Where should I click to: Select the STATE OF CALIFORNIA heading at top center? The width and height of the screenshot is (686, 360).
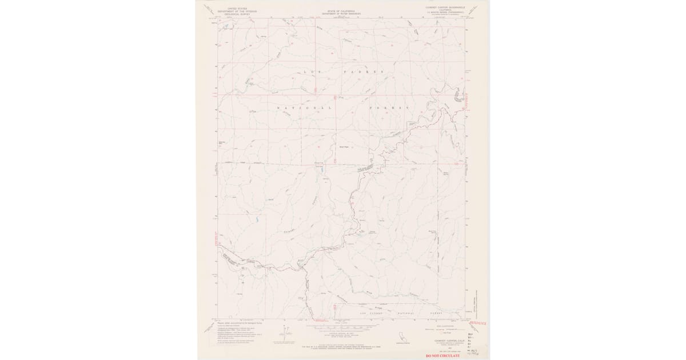[341, 10]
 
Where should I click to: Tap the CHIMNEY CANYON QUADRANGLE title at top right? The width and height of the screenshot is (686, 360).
[445, 8]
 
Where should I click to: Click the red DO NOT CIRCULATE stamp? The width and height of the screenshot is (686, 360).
[442, 355]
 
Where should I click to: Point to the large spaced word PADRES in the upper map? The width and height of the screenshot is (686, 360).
[362, 73]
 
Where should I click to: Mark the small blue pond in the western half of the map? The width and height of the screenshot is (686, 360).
[257, 219]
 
